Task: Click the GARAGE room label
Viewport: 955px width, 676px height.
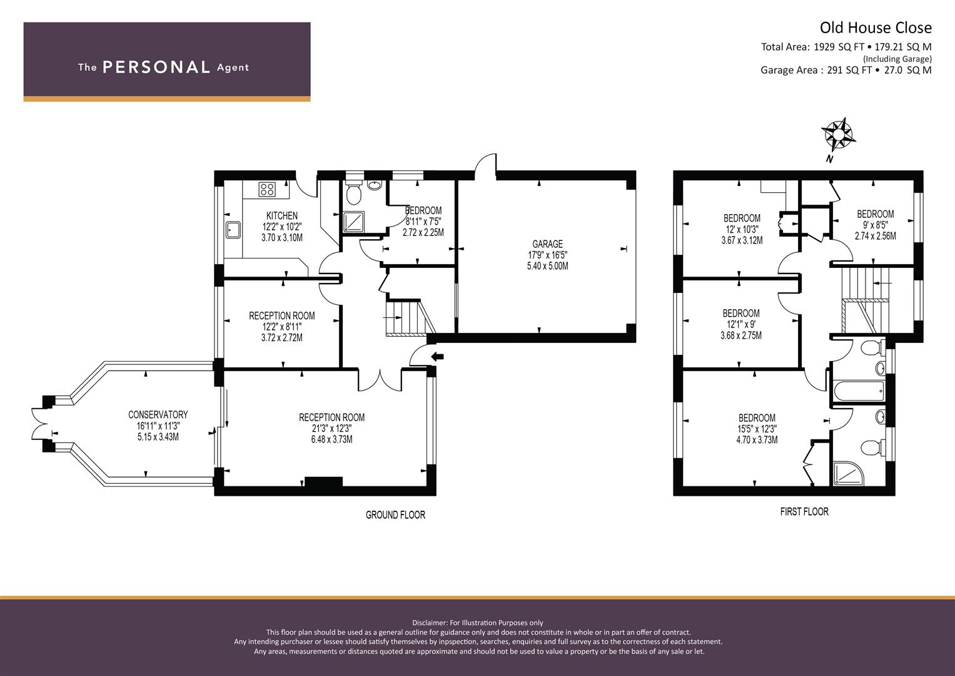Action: tap(547, 244)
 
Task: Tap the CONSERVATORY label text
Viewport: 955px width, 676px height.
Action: tap(158, 415)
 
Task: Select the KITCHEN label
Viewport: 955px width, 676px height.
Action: tap(282, 215)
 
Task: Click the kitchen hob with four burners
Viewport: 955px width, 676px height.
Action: tap(267, 189)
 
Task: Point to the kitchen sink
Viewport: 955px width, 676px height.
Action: tap(233, 230)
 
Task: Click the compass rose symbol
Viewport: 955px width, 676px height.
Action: tap(838, 135)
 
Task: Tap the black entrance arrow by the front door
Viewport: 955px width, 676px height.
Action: tap(437, 356)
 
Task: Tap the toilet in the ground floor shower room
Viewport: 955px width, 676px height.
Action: tap(353, 194)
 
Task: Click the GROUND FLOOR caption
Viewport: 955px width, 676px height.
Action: tap(395, 515)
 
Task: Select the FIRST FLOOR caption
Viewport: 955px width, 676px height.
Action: tap(804, 512)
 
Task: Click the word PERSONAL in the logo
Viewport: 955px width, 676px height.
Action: tap(156, 68)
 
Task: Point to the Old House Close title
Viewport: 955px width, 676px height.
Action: tap(876, 28)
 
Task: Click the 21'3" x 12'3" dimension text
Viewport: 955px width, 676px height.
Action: tap(331, 429)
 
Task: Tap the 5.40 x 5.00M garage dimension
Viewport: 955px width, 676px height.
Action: tap(547, 266)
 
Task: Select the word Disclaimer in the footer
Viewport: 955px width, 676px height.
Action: tap(429, 623)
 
